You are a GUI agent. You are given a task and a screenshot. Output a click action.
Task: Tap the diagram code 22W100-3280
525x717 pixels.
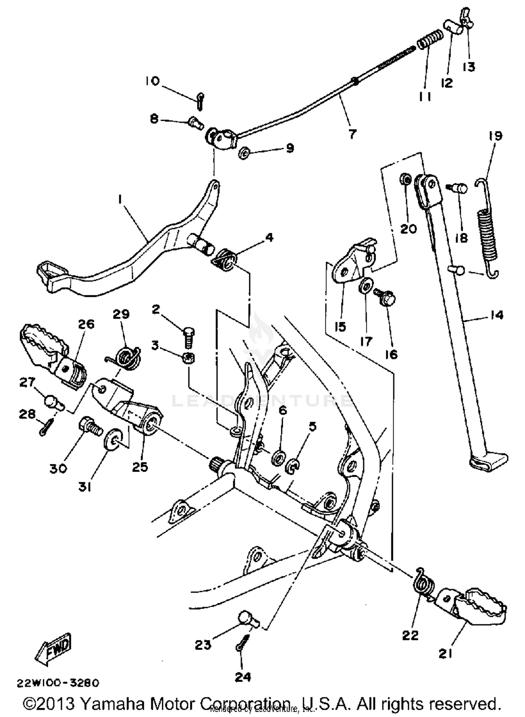tap(58, 683)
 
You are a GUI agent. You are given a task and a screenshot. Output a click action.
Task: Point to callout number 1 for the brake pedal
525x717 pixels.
tap(120, 199)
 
